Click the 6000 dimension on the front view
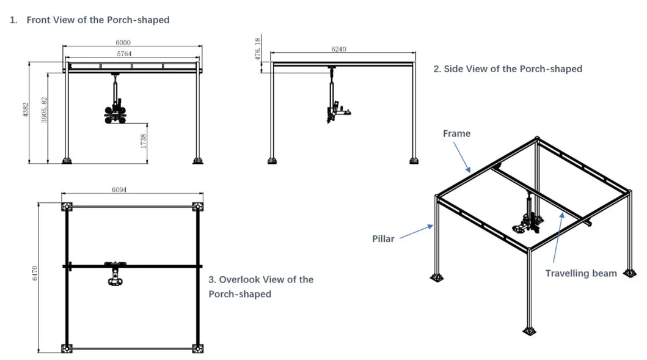(123, 43)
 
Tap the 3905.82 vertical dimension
(43, 110)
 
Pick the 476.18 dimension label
(258, 48)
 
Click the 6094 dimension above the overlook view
(119, 190)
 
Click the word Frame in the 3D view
(456, 133)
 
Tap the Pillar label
(383, 238)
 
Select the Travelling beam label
(580, 273)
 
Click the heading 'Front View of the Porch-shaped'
(98, 20)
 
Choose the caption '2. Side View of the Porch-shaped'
(507, 69)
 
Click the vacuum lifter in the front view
(115, 107)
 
